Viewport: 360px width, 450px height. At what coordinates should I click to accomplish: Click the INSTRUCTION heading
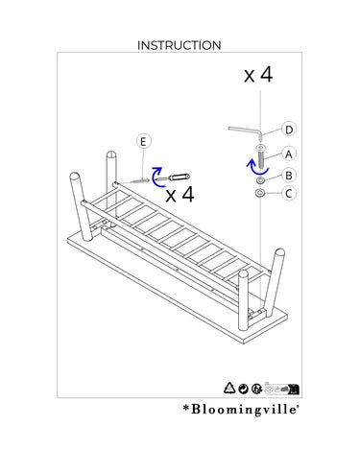click(x=180, y=45)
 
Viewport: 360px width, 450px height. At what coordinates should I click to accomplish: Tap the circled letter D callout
click(x=289, y=130)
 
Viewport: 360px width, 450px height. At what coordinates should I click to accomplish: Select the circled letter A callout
click(x=289, y=154)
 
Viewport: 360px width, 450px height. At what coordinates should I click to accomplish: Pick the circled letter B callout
click(x=289, y=176)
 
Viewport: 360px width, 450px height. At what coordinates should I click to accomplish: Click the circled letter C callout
click(x=289, y=194)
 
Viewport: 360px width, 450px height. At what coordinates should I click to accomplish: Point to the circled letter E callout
click(x=143, y=141)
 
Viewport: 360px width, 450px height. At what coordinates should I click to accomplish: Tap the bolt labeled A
click(x=260, y=157)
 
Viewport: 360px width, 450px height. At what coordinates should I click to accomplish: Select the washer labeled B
click(x=260, y=180)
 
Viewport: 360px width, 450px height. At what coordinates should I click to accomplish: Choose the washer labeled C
click(x=259, y=193)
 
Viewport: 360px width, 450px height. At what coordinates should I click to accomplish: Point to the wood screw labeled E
click(x=135, y=181)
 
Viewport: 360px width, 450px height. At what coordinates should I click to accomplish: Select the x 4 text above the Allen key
click(x=258, y=75)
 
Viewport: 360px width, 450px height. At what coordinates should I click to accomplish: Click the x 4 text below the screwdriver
click(x=180, y=194)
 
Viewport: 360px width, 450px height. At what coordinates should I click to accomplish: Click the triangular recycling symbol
click(x=229, y=388)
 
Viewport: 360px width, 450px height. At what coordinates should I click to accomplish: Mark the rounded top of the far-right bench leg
click(x=279, y=252)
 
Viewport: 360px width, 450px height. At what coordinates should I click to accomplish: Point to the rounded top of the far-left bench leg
click(x=75, y=177)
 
